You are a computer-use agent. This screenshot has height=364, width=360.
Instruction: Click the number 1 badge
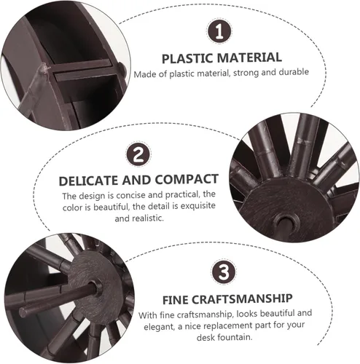(219, 31)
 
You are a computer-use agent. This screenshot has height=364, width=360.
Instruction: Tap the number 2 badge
(138, 154)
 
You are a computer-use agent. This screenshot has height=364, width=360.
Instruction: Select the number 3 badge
(224, 272)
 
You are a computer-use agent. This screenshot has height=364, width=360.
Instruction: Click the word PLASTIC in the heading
(187, 58)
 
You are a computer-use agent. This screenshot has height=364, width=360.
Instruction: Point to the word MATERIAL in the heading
(249, 58)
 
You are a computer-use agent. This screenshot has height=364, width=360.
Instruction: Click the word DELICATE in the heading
(89, 181)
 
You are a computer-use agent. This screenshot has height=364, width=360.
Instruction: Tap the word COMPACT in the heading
(187, 179)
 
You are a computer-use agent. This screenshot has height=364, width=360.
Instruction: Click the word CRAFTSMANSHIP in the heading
(242, 298)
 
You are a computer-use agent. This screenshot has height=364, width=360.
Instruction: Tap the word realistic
(148, 218)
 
